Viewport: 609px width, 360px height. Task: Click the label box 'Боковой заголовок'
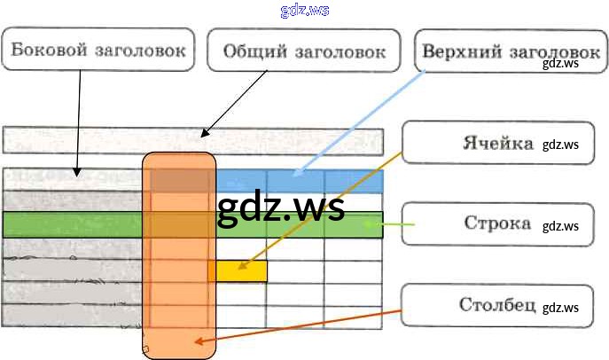click(98, 50)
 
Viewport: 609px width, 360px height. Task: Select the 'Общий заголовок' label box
click(304, 51)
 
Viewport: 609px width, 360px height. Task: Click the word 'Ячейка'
click(497, 143)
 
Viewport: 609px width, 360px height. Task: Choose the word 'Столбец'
click(497, 305)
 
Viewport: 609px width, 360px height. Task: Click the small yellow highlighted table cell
click(238, 270)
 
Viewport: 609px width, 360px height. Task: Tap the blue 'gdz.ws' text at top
click(304, 10)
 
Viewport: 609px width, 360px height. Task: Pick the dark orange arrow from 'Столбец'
click(301, 325)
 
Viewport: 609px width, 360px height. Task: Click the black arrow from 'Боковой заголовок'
click(78, 124)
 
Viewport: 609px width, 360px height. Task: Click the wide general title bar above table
click(192, 142)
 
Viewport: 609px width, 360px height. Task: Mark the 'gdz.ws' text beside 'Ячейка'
click(560, 145)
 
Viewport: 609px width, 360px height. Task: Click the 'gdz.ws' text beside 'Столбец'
click(560, 308)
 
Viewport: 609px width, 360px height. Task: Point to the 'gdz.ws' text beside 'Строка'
click(560, 225)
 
